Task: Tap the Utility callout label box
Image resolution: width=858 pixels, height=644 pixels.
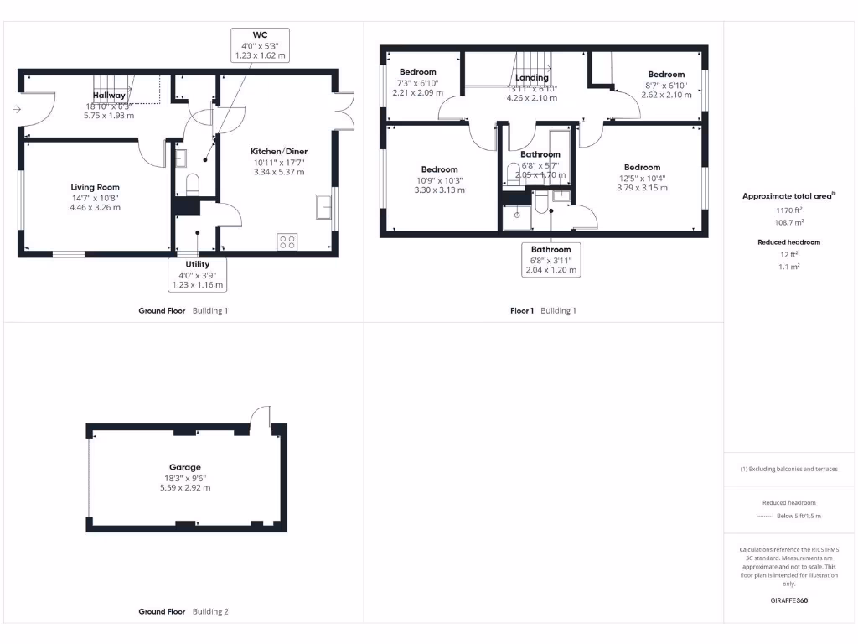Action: pyautogui.click(x=198, y=274)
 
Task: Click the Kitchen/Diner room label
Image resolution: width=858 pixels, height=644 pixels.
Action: pyautogui.click(x=279, y=152)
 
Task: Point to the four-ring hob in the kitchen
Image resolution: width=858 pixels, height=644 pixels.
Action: pyautogui.click(x=287, y=241)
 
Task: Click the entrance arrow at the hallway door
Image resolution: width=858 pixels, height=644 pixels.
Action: pyautogui.click(x=17, y=109)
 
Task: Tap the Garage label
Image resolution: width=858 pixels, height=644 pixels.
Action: pyautogui.click(x=186, y=467)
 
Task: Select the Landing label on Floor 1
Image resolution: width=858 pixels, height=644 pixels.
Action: pyautogui.click(x=531, y=78)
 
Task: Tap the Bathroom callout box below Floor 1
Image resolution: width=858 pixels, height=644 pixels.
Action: pyautogui.click(x=550, y=260)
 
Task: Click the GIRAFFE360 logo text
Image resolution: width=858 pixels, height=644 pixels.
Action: pyautogui.click(x=788, y=600)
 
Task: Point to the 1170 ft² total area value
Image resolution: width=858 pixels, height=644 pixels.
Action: pyautogui.click(x=788, y=212)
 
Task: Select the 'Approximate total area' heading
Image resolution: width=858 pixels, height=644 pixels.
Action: pyautogui.click(x=788, y=196)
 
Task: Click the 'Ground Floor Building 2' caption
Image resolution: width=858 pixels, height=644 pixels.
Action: pyautogui.click(x=183, y=612)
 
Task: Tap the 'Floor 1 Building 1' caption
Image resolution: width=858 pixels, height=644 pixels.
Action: pyautogui.click(x=543, y=310)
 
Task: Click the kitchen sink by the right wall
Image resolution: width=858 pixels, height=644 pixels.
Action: pyautogui.click(x=323, y=205)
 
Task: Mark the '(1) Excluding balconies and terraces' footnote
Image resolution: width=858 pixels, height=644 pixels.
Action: pyautogui.click(x=788, y=469)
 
